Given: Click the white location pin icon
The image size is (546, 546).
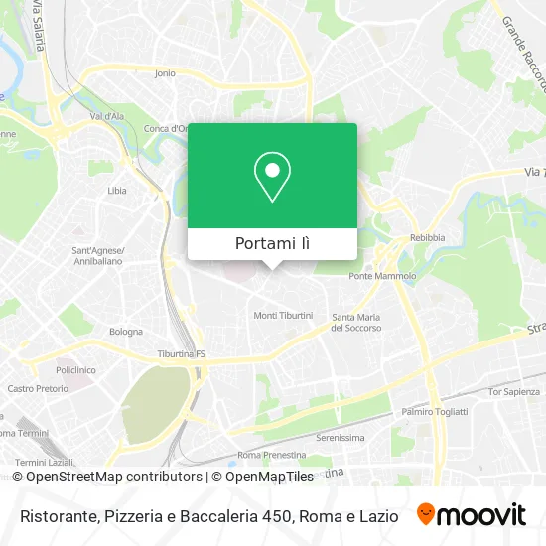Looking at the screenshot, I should pyautogui.click(x=272, y=177).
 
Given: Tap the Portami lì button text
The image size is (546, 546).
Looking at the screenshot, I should pyautogui.click(x=272, y=243).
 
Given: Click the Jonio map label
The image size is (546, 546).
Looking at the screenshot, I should pyautogui.click(x=165, y=72).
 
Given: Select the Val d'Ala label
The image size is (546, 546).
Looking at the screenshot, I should pyautogui.click(x=105, y=116).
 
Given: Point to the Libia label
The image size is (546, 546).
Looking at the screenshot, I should pyautogui.click(x=117, y=189).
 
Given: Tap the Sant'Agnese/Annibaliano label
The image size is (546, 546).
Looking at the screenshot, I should pyautogui.click(x=95, y=256).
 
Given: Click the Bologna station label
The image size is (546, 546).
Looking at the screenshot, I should pyautogui.click(x=126, y=330).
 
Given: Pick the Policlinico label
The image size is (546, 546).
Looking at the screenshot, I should pyautogui.click(x=74, y=368).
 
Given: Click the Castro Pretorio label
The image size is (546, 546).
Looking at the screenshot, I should pyautogui.click(x=35, y=389).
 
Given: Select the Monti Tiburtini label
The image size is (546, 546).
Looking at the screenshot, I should pyautogui.click(x=283, y=315).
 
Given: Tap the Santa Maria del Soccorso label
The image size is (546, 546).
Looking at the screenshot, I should pyautogui.click(x=357, y=322).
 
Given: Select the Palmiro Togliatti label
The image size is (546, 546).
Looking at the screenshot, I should pyautogui.click(x=433, y=410).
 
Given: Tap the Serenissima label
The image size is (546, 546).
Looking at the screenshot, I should pyautogui.click(x=341, y=437).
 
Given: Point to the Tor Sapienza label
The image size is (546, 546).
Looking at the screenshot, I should pyautogui.click(x=512, y=392).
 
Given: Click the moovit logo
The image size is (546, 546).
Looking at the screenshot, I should pyautogui.click(x=472, y=515).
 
